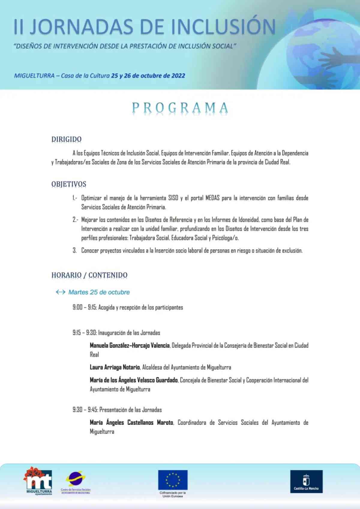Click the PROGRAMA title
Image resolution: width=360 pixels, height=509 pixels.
tap(180, 108)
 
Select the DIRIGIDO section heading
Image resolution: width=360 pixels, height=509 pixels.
tap(66, 139)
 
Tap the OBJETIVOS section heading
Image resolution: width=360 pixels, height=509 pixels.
tap(69, 184)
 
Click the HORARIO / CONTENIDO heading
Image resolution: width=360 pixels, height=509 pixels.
tap(89, 275)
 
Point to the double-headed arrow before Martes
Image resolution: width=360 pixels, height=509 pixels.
tap(61, 292)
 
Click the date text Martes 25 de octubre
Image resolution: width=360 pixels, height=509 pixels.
tap(99, 292)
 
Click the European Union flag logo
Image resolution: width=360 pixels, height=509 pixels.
tap(173, 480)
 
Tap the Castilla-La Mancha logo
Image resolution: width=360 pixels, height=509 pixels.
tap(306, 481)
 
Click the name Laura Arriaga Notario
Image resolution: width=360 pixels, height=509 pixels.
tap(115, 367)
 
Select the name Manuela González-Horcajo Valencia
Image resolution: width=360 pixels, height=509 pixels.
tap(130, 346)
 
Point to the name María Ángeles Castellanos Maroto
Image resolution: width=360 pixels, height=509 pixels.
tap(131, 423)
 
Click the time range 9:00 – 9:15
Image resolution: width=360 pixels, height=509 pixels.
tap(84, 307)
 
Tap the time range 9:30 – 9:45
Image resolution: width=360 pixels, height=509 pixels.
tap(85, 410)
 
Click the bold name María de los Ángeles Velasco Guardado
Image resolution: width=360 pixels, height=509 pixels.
tap(133, 380)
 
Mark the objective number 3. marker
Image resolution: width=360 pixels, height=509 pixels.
tap(74, 250)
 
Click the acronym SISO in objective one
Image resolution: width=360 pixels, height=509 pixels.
tap(173, 198)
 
